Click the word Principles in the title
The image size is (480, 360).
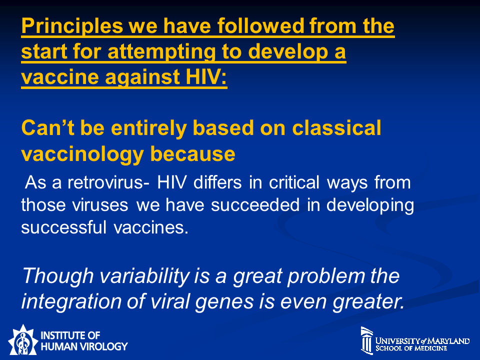[72, 26]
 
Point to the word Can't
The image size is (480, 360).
[48, 127]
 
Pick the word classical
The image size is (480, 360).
[336, 127]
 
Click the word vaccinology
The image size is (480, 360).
[82, 154]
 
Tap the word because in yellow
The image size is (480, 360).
[192, 153]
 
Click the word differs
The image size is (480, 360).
[217, 182]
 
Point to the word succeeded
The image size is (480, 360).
[255, 205]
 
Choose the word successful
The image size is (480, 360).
[63, 227]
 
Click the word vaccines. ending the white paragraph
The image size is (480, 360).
[150, 228]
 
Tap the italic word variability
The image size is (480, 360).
[145, 276]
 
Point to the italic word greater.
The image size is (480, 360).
[368, 302]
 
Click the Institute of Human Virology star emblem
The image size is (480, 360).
[22, 340]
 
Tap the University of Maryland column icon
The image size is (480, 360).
[366, 340]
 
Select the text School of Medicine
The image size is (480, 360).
[411, 348]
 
